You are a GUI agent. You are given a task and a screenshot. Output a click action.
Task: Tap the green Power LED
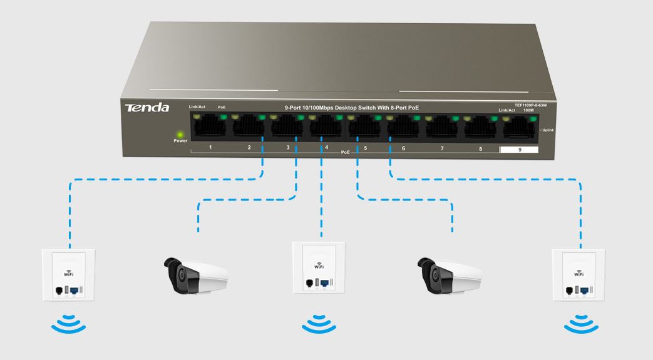coord(180,133)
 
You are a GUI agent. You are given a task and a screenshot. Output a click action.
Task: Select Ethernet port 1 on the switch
coord(210,128)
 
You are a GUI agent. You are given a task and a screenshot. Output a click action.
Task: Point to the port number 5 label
coord(365,148)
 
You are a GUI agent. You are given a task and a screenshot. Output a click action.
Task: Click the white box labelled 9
coord(519,150)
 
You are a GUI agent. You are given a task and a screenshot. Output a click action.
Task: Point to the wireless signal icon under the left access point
coord(68,325)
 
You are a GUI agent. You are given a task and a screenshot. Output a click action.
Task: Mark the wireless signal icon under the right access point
coord(580,325)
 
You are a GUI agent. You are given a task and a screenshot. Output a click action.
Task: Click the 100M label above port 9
coord(529,111)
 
